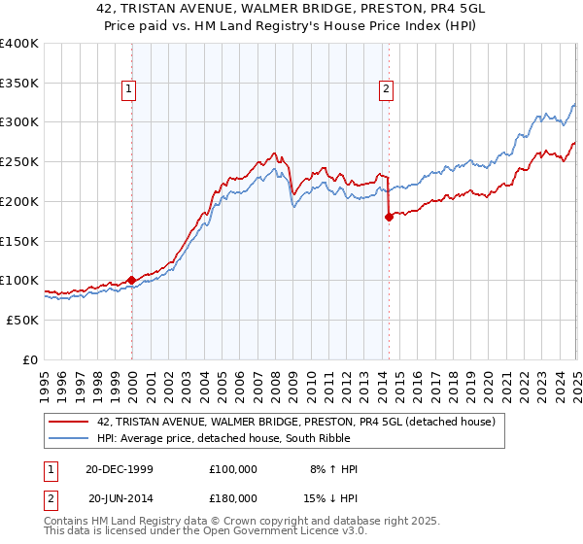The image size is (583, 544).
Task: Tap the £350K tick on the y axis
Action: click(19, 84)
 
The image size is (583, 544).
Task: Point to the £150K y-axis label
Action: click(19, 241)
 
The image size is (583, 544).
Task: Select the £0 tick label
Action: click(29, 359)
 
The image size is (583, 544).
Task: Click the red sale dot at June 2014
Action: click(389, 218)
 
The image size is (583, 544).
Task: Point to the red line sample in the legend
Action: click(69, 422)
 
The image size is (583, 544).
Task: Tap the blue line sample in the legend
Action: click(69, 439)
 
